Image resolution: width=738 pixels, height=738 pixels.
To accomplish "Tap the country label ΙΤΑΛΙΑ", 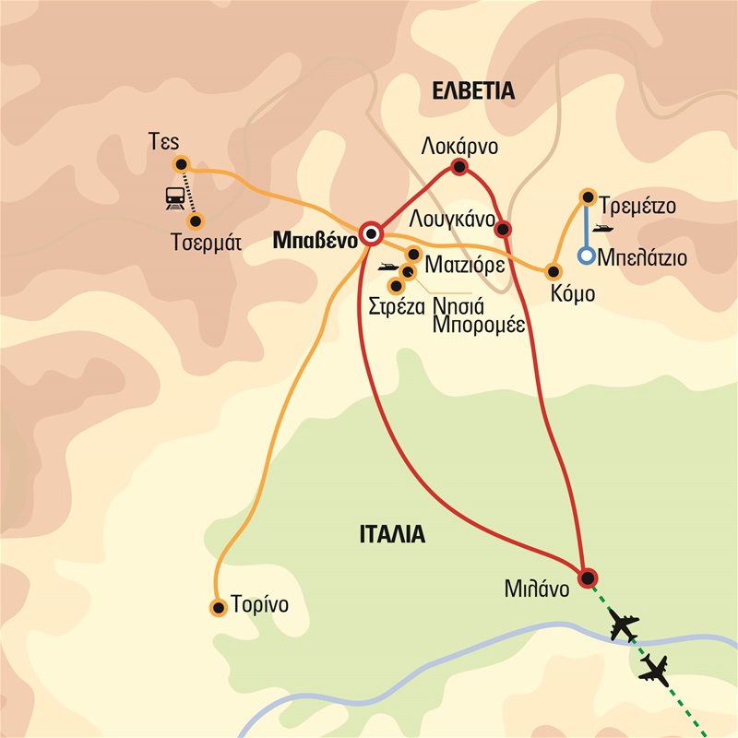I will tap(390, 534).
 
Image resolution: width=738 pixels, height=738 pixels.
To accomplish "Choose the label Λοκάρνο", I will tap(458, 146).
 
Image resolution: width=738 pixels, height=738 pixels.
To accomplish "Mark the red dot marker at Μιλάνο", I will tap(586, 577).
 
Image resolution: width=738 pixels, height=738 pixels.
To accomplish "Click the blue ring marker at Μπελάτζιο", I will tap(586, 256).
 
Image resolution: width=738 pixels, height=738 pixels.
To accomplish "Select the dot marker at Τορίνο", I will tap(219, 607).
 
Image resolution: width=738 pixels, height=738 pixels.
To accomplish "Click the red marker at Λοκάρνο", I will tap(458, 167).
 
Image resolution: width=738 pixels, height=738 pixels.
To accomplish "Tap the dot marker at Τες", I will tap(181, 164).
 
